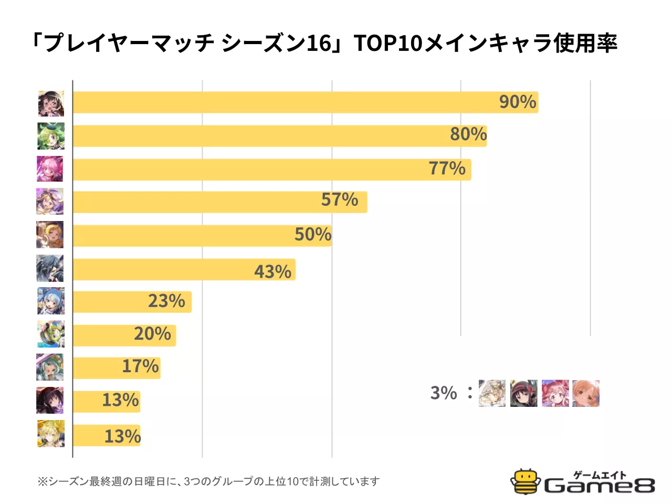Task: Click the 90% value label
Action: click(x=518, y=102)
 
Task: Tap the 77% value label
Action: click(x=447, y=169)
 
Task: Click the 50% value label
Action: click(x=313, y=235)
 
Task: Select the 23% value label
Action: click(x=166, y=301)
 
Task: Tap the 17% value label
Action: click(x=140, y=366)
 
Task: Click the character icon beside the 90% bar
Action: click(x=51, y=103)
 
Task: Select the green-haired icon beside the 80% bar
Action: click(x=51, y=136)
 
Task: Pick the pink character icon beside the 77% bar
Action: click(x=50, y=169)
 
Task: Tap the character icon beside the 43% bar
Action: click(x=50, y=268)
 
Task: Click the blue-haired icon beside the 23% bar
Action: click(x=51, y=301)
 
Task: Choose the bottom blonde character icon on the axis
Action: click(x=51, y=434)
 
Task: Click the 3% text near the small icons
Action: click(x=444, y=393)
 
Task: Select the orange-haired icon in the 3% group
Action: click(x=586, y=393)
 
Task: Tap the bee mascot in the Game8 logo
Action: click(x=526, y=481)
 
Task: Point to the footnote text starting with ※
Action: click(x=208, y=481)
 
